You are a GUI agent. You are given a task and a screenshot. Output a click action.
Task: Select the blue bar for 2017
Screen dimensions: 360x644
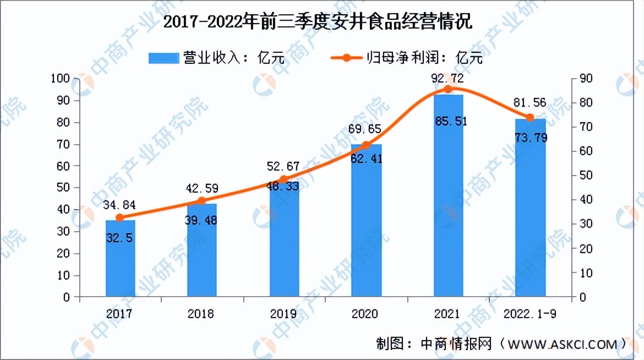click(120, 259)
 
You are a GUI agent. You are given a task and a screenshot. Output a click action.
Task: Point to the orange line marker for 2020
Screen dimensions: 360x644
click(365, 146)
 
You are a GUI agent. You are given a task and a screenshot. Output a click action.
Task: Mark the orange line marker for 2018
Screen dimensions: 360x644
click(202, 201)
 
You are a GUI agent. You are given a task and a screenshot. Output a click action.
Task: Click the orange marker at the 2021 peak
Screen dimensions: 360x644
click(448, 89)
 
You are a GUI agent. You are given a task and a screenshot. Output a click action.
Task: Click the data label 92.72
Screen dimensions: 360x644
click(448, 79)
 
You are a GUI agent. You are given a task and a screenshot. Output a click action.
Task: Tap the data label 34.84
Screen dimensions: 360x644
click(119, 205)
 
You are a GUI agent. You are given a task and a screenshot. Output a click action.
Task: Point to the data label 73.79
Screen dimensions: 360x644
click(530, 138)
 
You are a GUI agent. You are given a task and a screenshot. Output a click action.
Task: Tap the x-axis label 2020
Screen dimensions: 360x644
click(365, 314)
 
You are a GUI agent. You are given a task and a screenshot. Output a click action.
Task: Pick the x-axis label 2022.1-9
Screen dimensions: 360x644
click(530, 314)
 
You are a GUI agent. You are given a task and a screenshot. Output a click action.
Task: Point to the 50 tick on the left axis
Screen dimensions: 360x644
click(65, 188)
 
